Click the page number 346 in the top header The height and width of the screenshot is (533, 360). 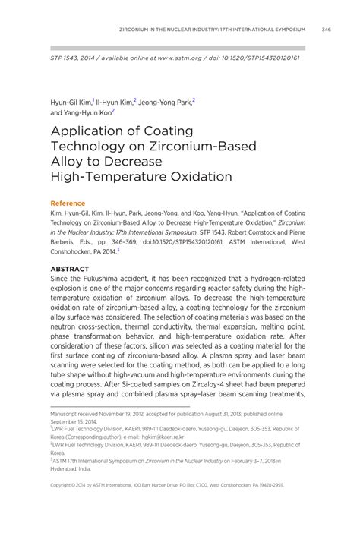click(326, 30)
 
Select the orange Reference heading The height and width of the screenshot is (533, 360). click(68, 203)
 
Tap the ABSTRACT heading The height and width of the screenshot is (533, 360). click(69, 269)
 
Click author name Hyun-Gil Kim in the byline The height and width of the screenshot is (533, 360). click(71, 100)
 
